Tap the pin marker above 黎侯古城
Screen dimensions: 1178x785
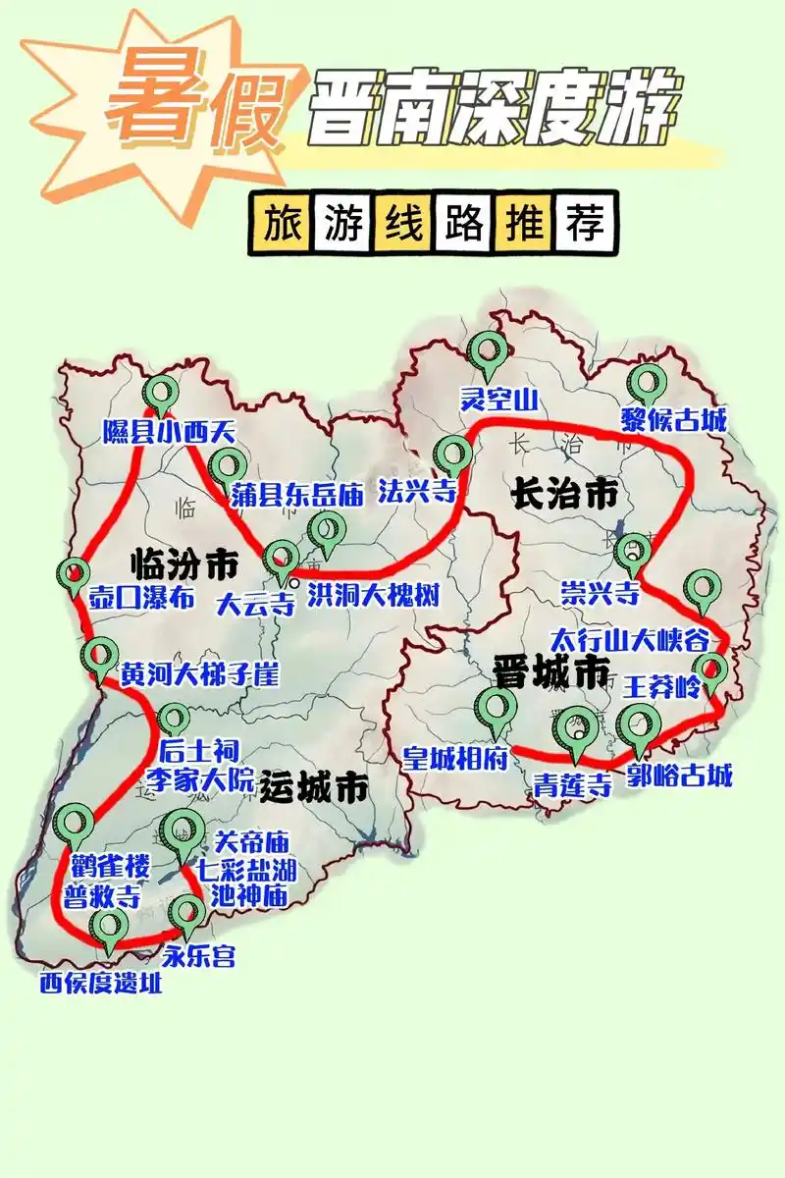[x=648, y=384]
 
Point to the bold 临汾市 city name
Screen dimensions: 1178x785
[x=184, y=565]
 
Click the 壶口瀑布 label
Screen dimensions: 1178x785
[x=141, y=599]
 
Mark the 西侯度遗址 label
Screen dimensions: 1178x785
[x=101, y=983]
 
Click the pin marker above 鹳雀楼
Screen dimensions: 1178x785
[x=75, y=826]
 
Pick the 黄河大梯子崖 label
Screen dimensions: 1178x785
[x=199, y=675]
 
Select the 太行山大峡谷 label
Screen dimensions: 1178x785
[x=629, y=640]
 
